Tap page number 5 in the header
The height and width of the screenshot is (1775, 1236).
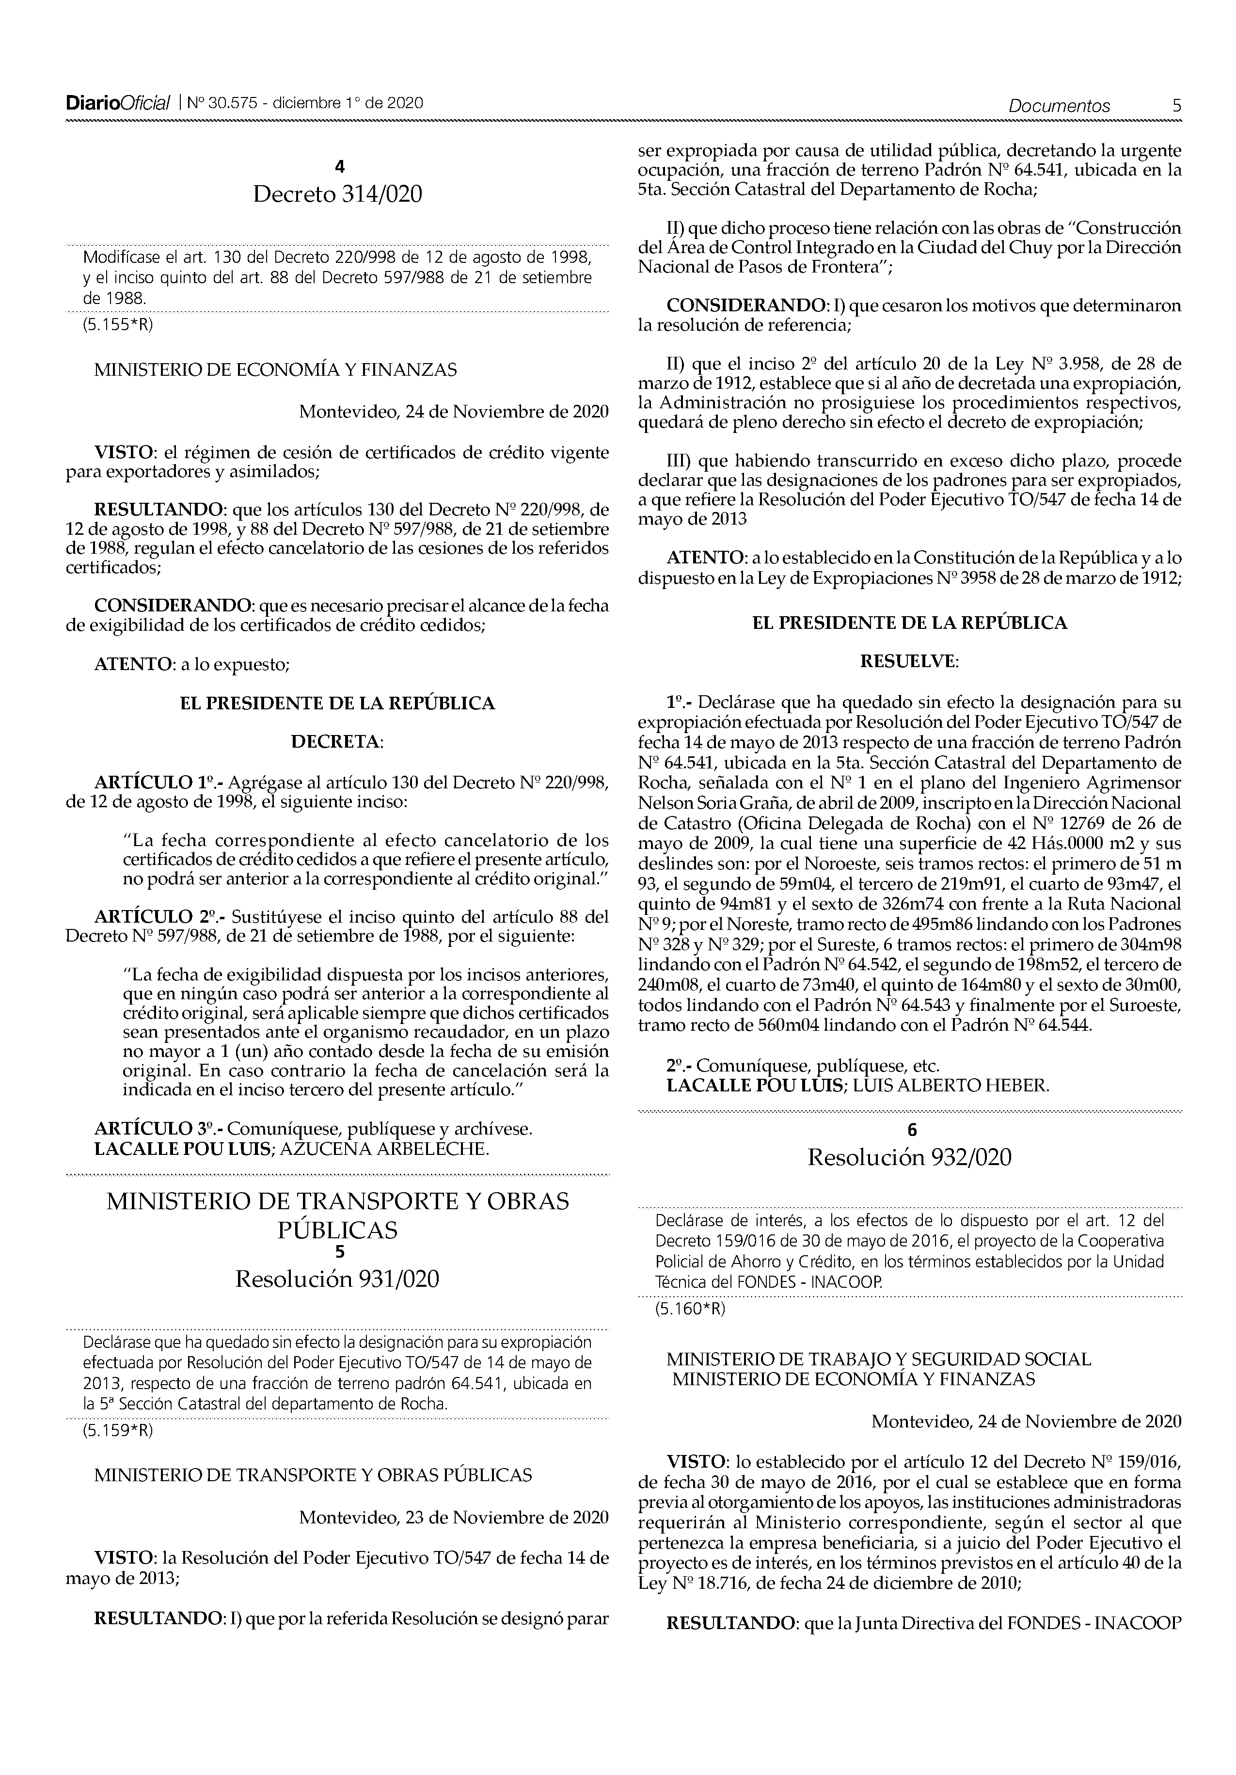click(1176, 106)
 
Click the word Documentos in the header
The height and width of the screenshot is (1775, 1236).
click(1059, 106)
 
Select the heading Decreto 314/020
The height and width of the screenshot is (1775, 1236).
click(338, 195)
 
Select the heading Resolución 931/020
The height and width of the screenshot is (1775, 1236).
click(337, 1279)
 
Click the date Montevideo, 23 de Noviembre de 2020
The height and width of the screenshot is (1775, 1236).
click(454, 1517)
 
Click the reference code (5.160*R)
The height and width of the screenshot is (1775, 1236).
click(690, 1309)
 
